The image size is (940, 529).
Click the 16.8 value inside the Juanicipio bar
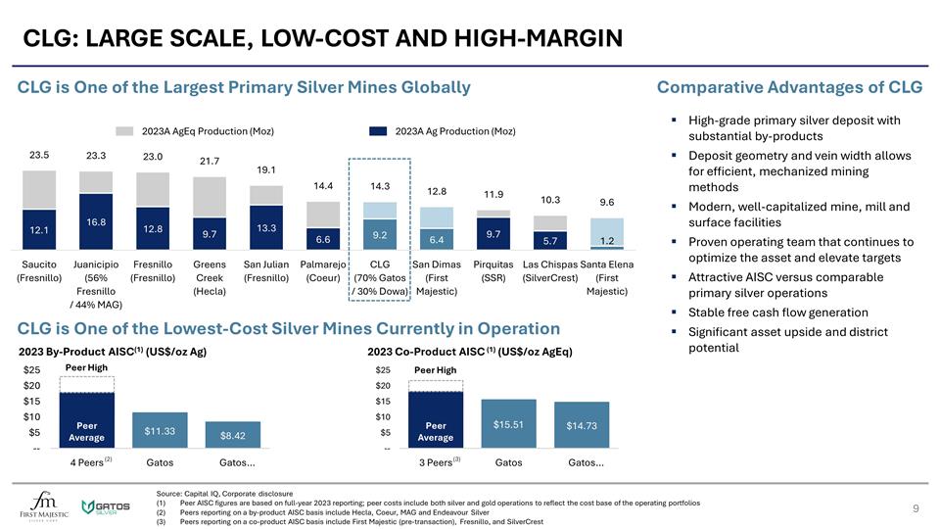(96, 222)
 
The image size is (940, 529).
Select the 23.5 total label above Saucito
(39, 155)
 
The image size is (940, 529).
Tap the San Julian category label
(265, 264)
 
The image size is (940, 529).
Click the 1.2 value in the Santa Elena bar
(606, 241)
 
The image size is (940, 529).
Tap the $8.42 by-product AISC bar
(233, 436)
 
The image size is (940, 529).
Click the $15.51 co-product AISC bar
(509, 424)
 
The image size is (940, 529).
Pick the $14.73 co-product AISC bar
(582, 426)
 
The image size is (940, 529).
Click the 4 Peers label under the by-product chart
(93, 462)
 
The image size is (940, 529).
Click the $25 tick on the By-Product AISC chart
(31, 370)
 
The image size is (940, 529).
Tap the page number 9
(915, 508)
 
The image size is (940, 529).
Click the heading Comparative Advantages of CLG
(789, 87)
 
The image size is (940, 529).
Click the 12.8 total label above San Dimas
(437, 191)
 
